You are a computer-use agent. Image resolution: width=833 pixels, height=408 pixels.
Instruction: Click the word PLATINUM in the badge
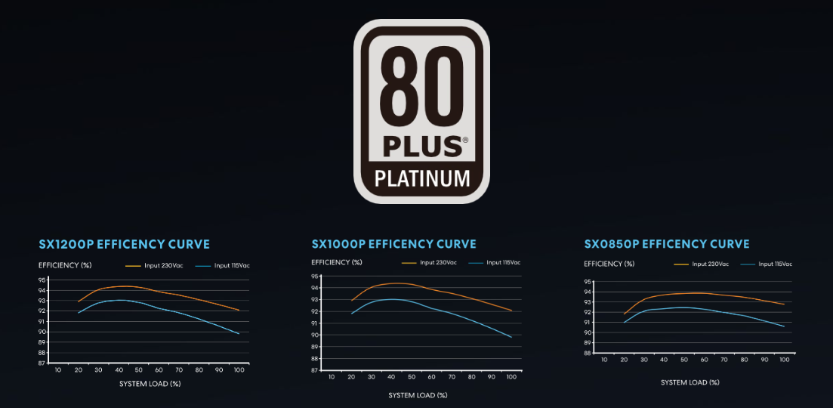click(x=422, y=179)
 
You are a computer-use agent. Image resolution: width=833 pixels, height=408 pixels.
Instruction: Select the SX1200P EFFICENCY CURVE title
click(x=124, y=244)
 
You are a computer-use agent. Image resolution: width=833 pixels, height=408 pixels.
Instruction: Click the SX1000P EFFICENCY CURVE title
click(x=393, y=244)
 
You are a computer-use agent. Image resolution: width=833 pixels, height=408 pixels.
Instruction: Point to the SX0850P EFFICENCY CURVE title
click(x=667, y=244)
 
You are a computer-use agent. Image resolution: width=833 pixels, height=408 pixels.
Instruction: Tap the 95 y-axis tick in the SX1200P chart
click(x=42, y=280)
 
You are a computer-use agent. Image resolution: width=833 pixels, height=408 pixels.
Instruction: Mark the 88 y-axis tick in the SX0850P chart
click(x=588, y=354)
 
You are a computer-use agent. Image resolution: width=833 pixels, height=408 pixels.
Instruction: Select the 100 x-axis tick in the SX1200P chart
click(x=239, y=369)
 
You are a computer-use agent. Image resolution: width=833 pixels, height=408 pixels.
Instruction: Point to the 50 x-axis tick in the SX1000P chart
click(x=412, y=377)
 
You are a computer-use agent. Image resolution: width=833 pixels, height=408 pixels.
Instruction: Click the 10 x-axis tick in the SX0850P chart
click(x=604, y=360)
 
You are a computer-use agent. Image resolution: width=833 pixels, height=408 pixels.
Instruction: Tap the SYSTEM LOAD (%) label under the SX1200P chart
click(x=150, y=384)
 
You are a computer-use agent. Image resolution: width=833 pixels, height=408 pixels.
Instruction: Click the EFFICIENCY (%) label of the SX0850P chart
click(x=609, y=264)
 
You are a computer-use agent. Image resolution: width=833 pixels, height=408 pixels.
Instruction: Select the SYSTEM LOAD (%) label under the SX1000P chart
click(x=418, y=395)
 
